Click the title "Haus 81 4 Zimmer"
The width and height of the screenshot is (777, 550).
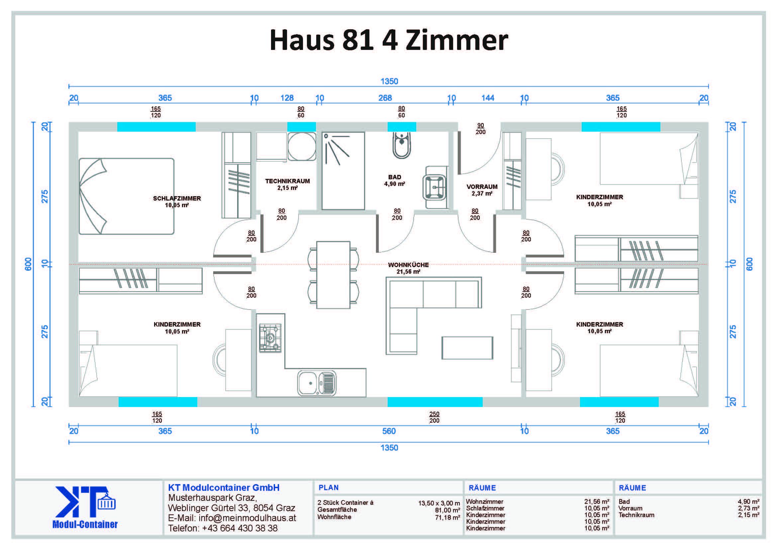click(389, 40)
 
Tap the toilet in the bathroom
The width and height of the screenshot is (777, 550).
click(402, 145)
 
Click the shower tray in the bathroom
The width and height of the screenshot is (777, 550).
click(343, 171)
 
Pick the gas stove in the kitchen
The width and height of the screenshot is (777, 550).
click(270, 338)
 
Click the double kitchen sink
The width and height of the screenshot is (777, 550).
click(317, 383)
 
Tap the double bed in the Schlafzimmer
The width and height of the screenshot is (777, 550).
click(126, 197)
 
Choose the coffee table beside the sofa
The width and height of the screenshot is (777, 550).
click(467, 348)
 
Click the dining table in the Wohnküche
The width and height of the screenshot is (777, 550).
click(333, 275)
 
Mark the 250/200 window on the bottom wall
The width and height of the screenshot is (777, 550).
click(435, 402)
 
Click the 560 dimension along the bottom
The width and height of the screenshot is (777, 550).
click(389, 431)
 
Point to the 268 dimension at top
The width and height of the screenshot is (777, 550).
click(385, 98)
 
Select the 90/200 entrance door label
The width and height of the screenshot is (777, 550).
click(480, 129)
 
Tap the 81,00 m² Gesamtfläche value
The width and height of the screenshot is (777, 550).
click(447, 510)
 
